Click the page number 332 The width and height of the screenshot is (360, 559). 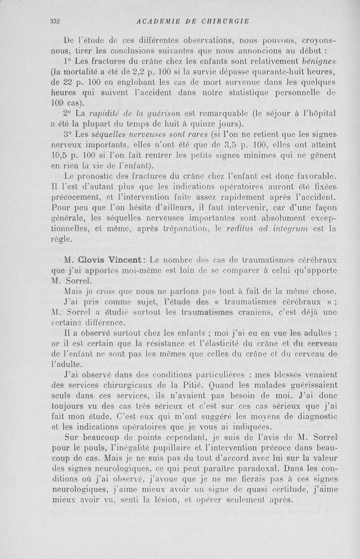click(x=56, y=21)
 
